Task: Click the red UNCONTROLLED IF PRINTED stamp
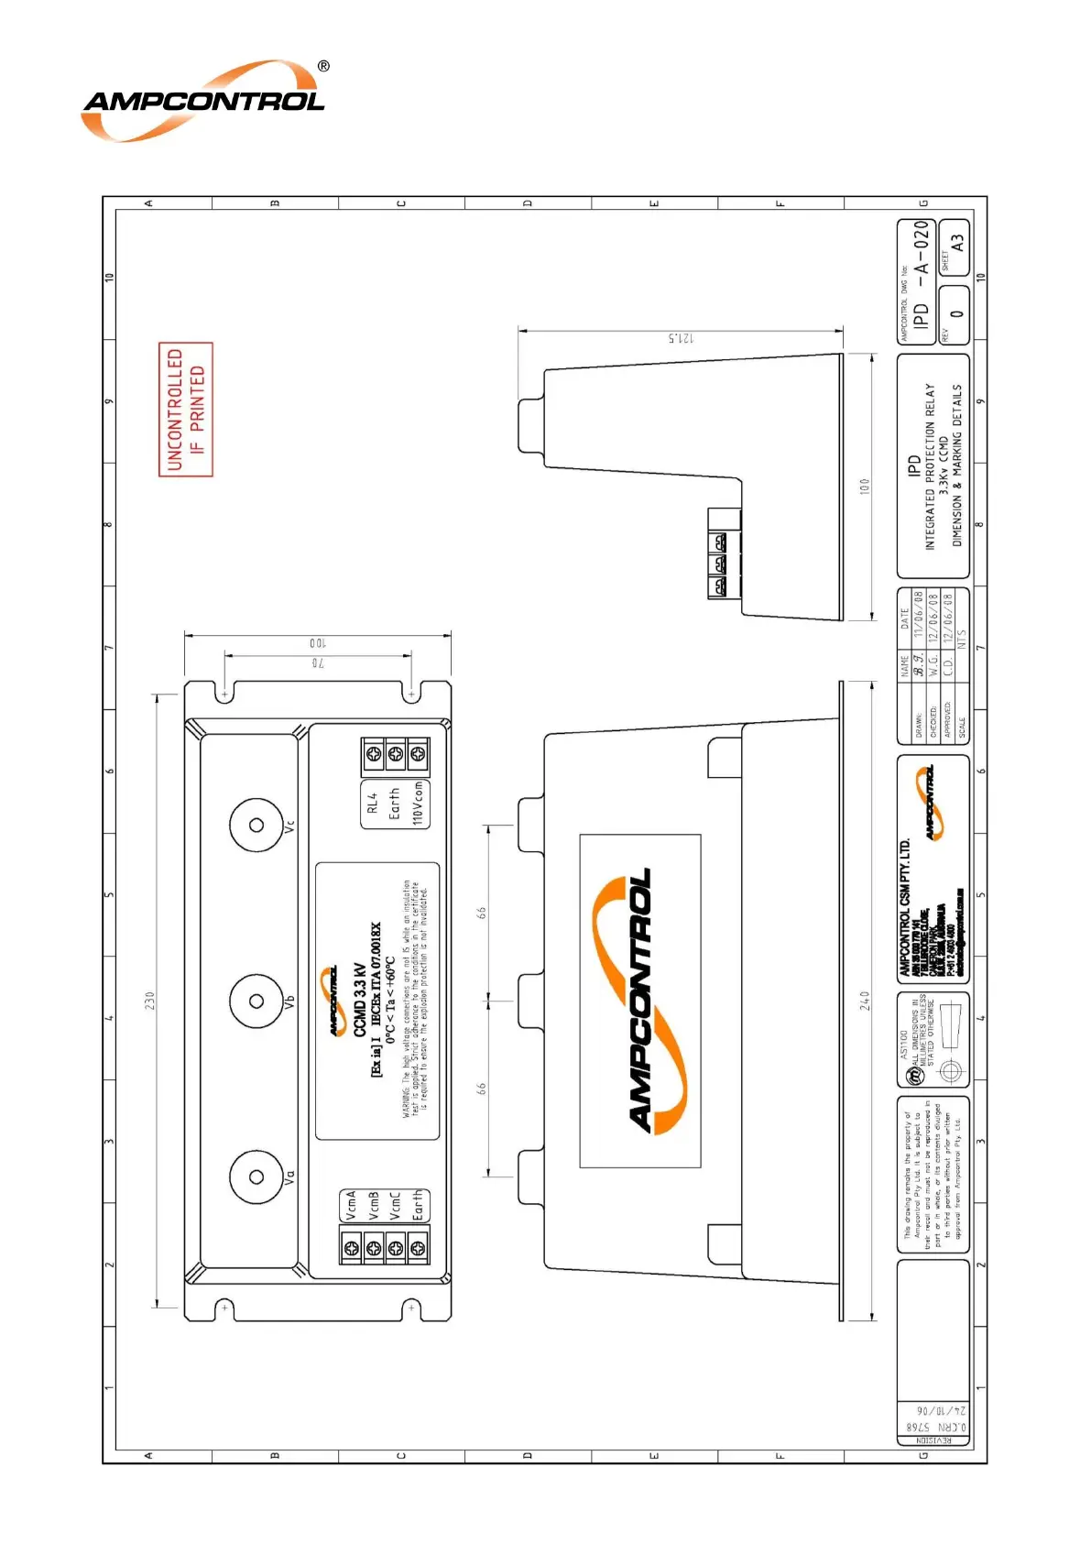click(x=186, y=409)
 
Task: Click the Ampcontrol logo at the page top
click(x=203, y=101)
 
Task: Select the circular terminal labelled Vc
click(x=256, y=825)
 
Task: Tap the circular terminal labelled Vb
click(x=256, y=1001)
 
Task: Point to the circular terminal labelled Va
click(x=256, y=1176)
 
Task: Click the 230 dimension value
click(x=149, y=1000)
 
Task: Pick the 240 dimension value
click(x=865, y=1000)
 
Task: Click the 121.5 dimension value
click(x=681, y=338)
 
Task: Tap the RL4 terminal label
click(x=372, y=804)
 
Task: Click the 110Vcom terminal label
click(x=418, y=804)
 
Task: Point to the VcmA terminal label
click(x=350, y=1205)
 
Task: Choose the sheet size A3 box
click(x=957, y=244)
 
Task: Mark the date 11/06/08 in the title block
click(x=919, y=615)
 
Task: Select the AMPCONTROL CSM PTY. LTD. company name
click(x=905, y=907)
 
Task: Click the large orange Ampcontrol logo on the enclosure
click(x=640, y=1001)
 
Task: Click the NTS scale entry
click(x=962, y=639)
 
